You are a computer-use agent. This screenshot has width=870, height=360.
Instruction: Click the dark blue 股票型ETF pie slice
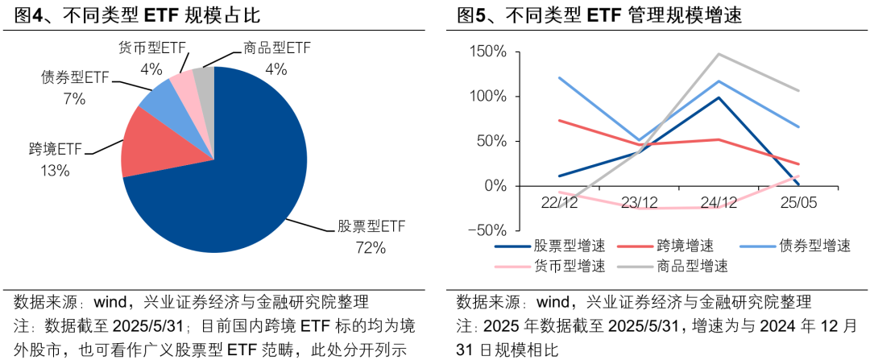point(234,161)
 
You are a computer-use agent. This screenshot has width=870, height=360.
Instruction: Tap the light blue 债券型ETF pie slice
point(156,97)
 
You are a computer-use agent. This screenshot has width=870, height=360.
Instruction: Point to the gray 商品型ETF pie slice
point(204,75)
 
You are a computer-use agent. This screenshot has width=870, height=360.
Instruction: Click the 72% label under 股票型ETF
point(371,248)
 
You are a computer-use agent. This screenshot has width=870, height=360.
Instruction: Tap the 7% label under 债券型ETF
point(74,99)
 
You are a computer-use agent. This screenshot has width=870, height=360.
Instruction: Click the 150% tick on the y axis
point(487,52)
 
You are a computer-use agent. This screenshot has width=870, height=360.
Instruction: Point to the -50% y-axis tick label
point(487,230)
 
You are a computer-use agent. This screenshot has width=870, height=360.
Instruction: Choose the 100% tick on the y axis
point(487,97)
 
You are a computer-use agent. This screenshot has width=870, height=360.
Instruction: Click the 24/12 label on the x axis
point(719,201)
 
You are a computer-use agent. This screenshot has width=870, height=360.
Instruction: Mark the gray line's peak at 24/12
point(719,54)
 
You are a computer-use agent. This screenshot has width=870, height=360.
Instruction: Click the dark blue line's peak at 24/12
point(719,97)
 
